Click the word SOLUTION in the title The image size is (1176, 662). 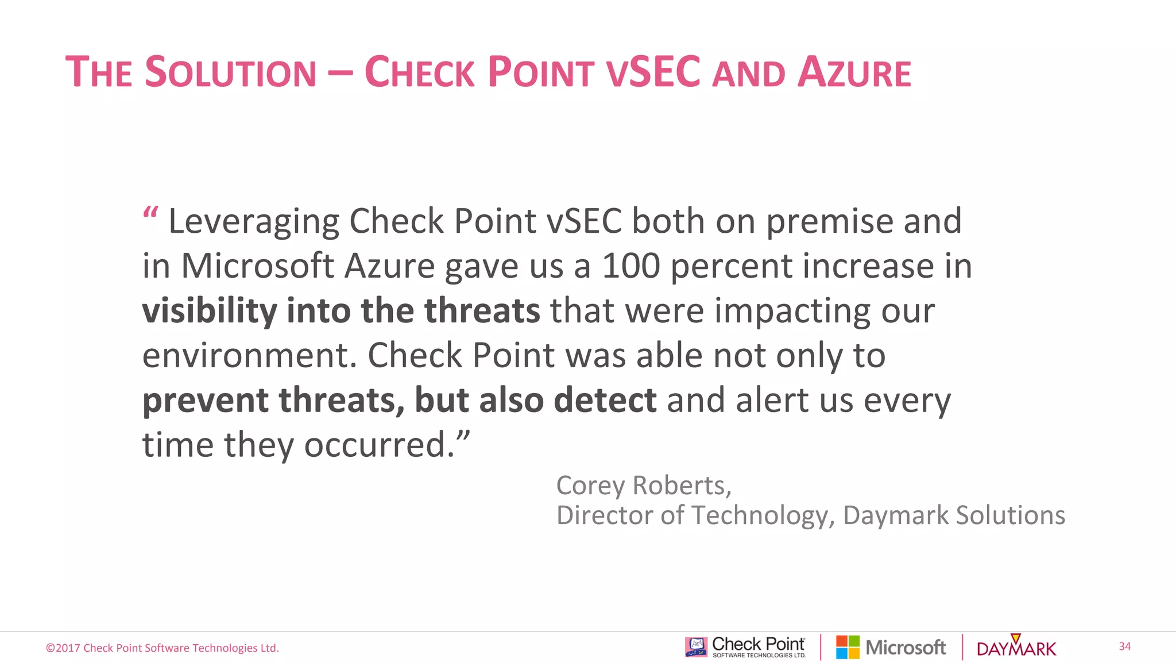coord(230,72)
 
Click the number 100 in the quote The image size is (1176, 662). coord(630,266)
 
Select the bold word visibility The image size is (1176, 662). coord(210,311)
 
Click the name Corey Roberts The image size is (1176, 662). coord(643,486)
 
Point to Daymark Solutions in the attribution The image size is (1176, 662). coord(954,515)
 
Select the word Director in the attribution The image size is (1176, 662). coord(605,515)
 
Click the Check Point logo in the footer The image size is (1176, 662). coord(745,647)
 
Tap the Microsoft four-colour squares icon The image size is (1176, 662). coord(848,647)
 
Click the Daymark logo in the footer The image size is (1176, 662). coord(1016,648)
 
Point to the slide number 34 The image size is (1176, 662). coord(1124,646)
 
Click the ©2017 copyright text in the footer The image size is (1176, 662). coord(163,648)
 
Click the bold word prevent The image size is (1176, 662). coord(206,401)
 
